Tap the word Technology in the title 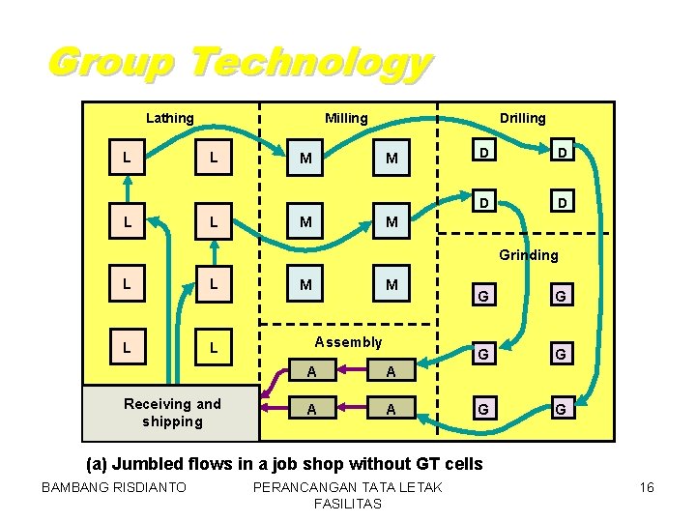tap(309, 64)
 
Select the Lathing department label tap(169, 118)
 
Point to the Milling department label tap(346, 118)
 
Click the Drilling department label tap(522, 118)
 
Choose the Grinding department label tap(528, 255)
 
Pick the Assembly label tap(348, 341)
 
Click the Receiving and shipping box tap(171, 413)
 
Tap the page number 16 tap(647, 487)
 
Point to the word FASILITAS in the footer tap(347, 504)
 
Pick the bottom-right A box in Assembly tap(391, 409)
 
